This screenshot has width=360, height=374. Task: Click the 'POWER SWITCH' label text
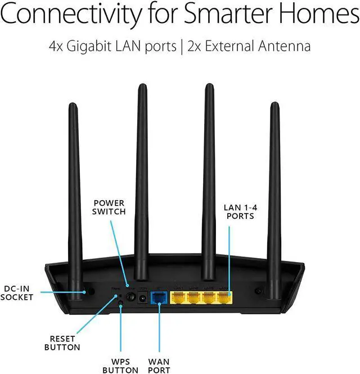[x=109, y=207]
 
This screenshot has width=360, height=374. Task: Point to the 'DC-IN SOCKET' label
[x=17, y=292]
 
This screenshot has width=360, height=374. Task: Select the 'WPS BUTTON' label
[x=120, y=365]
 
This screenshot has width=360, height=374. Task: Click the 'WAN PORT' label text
[x=160, y=365]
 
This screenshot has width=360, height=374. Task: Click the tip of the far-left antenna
[x=71, y=106]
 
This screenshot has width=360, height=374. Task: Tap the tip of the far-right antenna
[x=274, y=105]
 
